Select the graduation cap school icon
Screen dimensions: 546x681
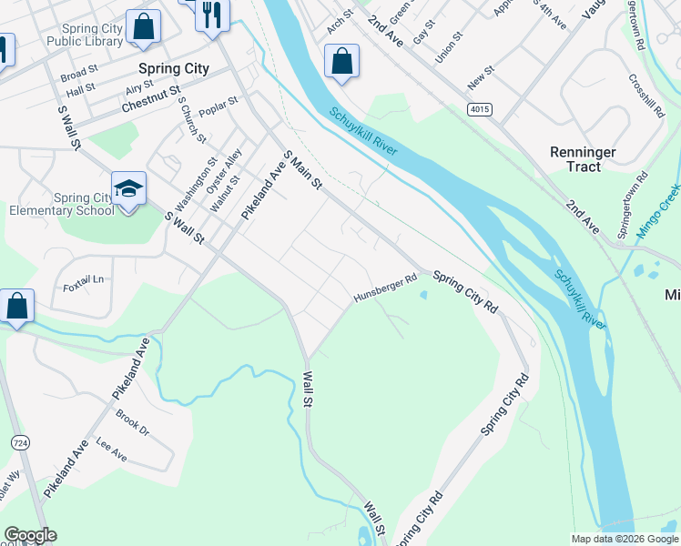(x=128, y=189)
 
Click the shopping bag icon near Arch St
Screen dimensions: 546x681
(x=341, y=62)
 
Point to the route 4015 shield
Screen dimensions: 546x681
(x=480, y=109)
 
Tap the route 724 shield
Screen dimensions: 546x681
(x=20, y=442)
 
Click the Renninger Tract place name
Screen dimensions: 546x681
(x=583, y=159)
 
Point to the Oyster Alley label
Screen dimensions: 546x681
(x=224, y=172)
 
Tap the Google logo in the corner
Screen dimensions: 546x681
(x=30, y=535)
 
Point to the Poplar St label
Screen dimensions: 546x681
(x=219, y=106)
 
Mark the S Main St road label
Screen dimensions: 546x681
(x=304, y=170)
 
